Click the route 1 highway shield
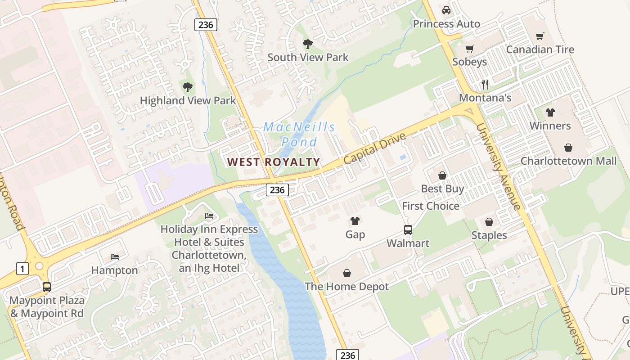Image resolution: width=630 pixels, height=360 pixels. [22, 269]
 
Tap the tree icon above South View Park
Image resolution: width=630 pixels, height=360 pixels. [308, 44]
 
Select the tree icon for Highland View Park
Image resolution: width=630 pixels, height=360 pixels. [188, 87]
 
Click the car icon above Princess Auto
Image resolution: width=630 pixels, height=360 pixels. [446, 10]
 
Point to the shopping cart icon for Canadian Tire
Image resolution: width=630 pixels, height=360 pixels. [540, 36]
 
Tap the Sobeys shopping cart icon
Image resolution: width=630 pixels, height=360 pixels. [470, 49]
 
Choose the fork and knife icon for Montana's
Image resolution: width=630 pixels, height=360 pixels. [485, 84]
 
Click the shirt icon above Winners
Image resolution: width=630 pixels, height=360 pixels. [550, 112]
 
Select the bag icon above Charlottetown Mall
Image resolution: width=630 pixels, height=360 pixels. [568, 148]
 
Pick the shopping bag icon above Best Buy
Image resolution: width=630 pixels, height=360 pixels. [442, 175]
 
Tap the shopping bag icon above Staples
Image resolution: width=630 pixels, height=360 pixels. [489, 222]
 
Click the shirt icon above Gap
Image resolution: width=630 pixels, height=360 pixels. [355, 221]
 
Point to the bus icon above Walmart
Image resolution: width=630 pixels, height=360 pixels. [408, 230]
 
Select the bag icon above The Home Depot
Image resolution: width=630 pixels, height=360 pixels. [347, 273]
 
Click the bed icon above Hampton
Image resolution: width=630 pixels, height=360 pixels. [115, 257]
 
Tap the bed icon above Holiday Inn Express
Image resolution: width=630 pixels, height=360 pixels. [209, 216]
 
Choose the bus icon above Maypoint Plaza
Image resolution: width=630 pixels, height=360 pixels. [47, 287]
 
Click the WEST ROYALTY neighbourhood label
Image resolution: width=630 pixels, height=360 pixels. [274, 162]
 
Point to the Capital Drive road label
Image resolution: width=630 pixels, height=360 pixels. [374, 148]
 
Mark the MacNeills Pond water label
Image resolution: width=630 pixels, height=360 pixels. [299, 134]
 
